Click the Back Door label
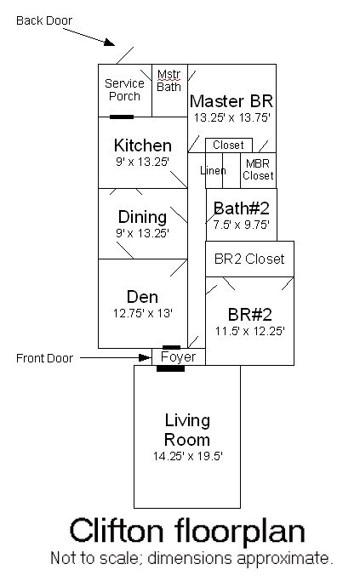[x=44, y=20]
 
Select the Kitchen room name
[x=142, y=145]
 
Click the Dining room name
[x=142, y=217]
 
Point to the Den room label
[x=142, y=297]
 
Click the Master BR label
[x=231, y=101]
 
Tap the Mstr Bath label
[x=169, y=80]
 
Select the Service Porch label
[x=124, y=89]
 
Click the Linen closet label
[x=213, y=171]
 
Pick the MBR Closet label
[x=258, y=170]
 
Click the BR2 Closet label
[x=249, y=259]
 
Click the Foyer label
[x=178, y=357]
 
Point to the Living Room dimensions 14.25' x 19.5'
[x=187, y=457]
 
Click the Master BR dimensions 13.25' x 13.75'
[x=231, y=118]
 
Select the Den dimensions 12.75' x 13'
[x=142, y=313]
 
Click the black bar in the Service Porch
[x=122, y=117]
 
